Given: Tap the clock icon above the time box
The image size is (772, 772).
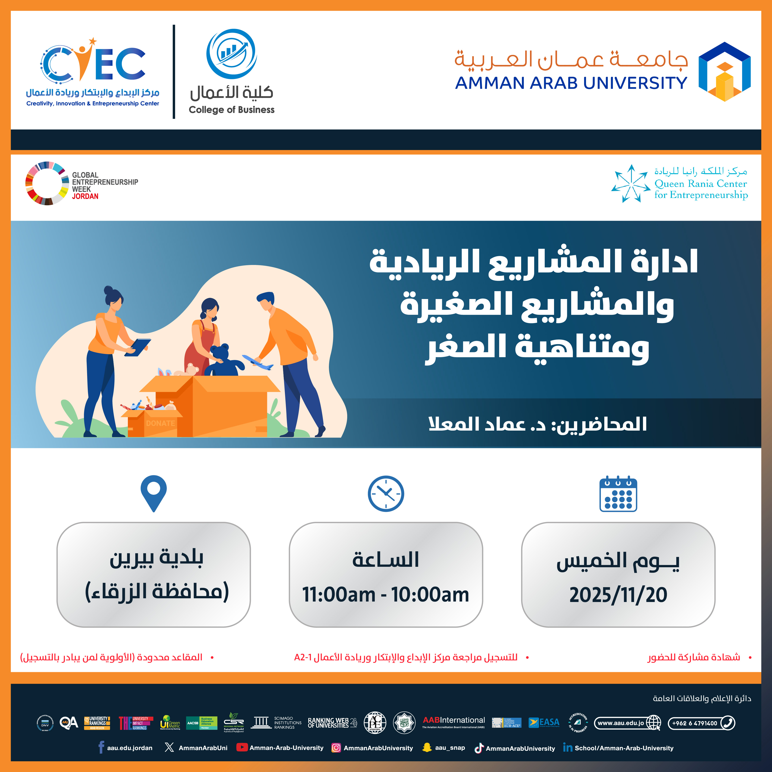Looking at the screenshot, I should click(386, 494).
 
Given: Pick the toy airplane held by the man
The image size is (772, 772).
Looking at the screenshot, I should click(258, 362).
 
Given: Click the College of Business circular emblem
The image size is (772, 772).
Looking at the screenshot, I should click(231, 54).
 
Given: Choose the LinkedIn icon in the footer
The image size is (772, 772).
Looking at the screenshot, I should click(567, 747).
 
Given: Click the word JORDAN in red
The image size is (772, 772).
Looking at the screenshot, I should click(85, 196).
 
